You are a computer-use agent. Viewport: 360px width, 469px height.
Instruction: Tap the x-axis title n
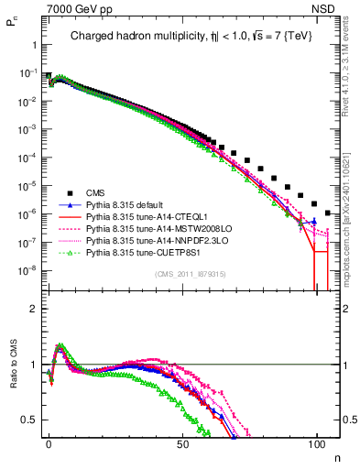pos(336,455)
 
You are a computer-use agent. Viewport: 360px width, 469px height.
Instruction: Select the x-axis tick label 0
pos(49,442)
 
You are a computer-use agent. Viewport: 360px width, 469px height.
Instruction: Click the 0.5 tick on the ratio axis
pos(28,420)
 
